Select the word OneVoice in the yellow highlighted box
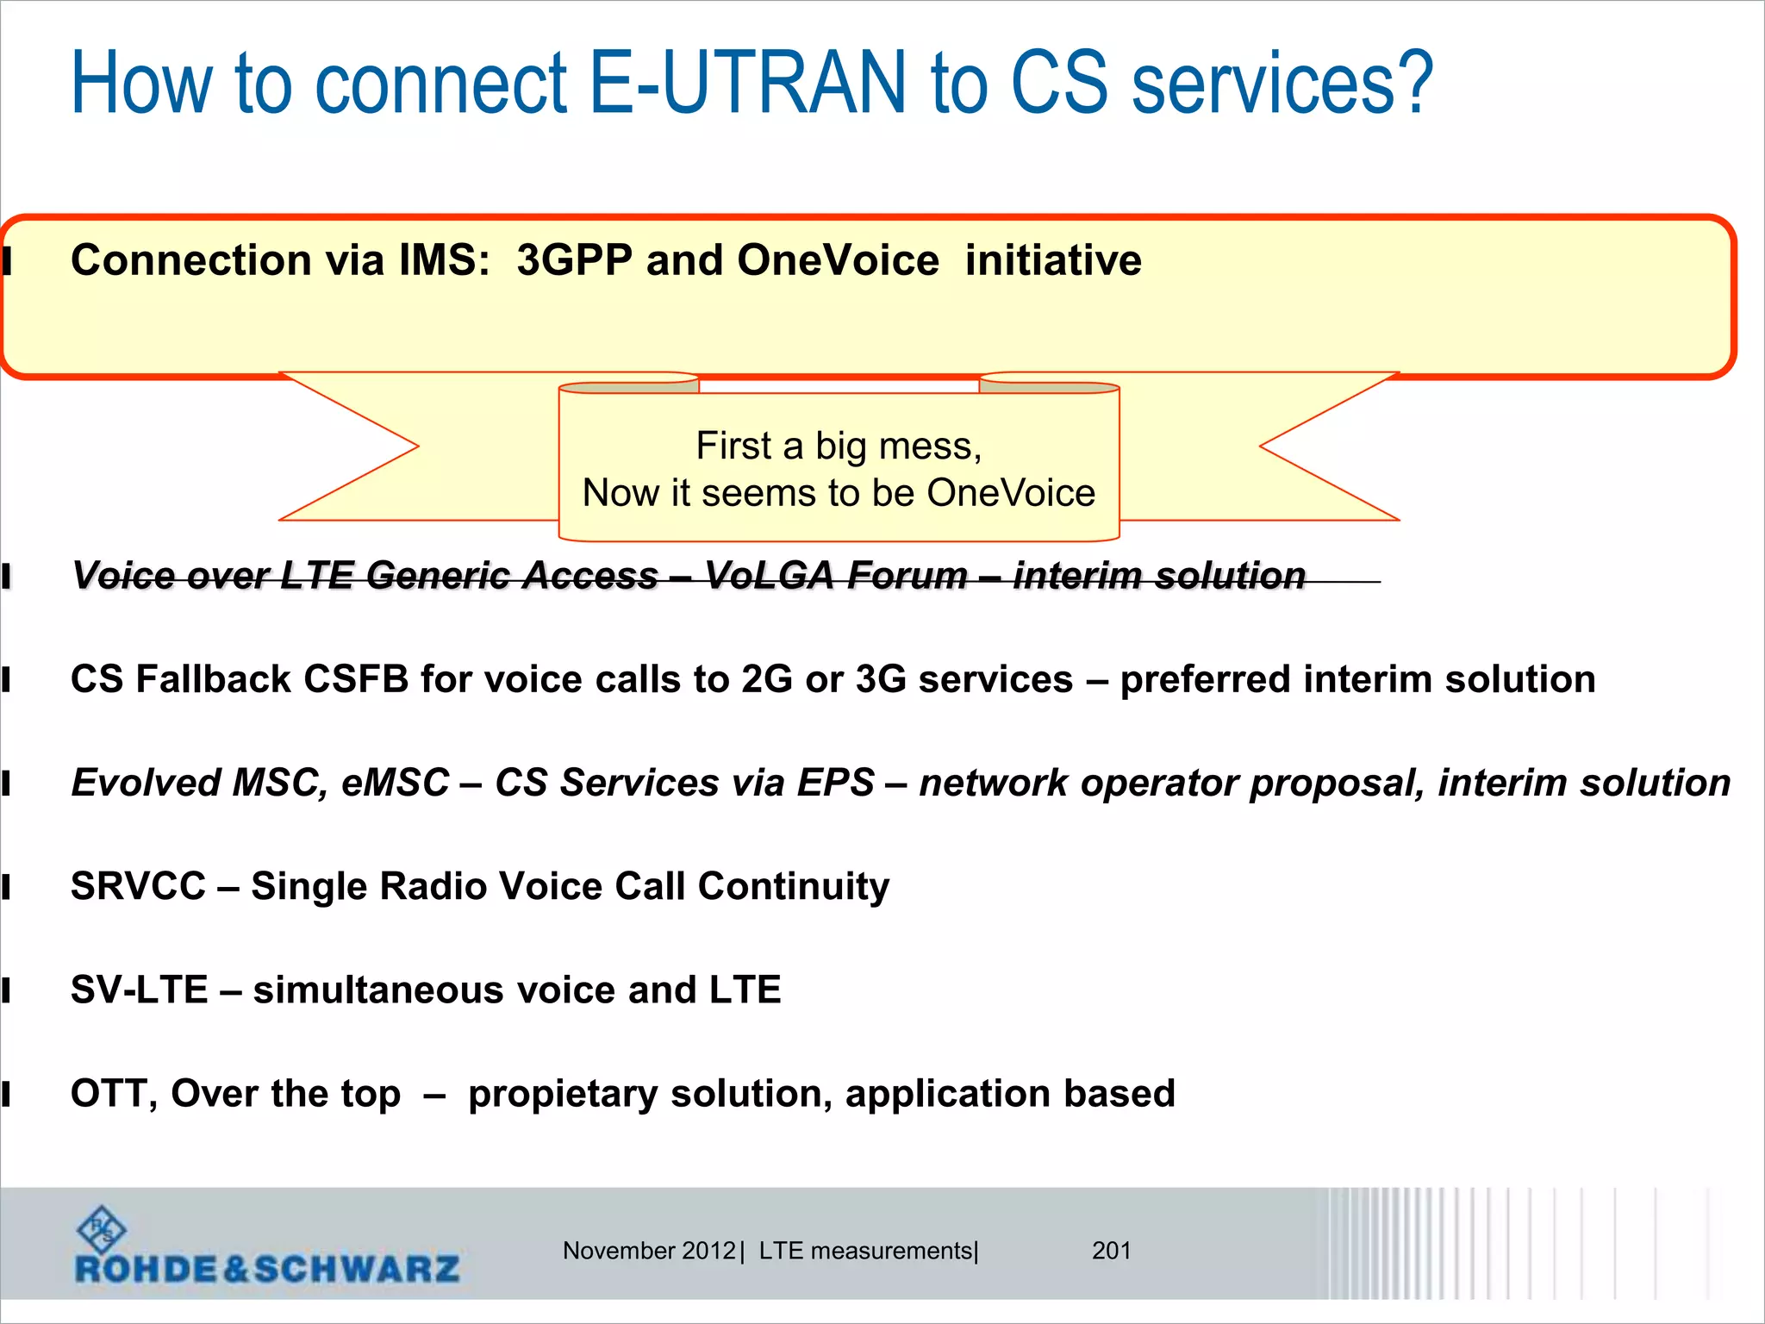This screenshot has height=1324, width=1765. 838,260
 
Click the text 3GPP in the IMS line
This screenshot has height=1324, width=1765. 575,260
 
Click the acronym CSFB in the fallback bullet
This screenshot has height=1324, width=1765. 356,679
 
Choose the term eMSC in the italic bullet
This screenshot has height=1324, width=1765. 395,783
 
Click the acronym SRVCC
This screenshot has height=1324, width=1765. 138,886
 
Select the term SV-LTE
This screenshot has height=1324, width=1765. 139,990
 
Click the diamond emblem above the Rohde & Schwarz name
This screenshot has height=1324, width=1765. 102,1229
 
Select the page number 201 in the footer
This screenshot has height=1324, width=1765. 1111,1251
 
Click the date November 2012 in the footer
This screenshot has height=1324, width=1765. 648,1251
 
